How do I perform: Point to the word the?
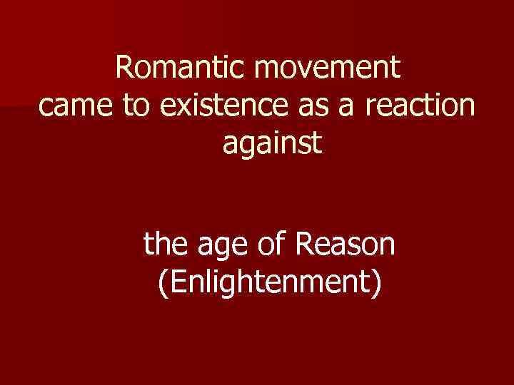[163, 246]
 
